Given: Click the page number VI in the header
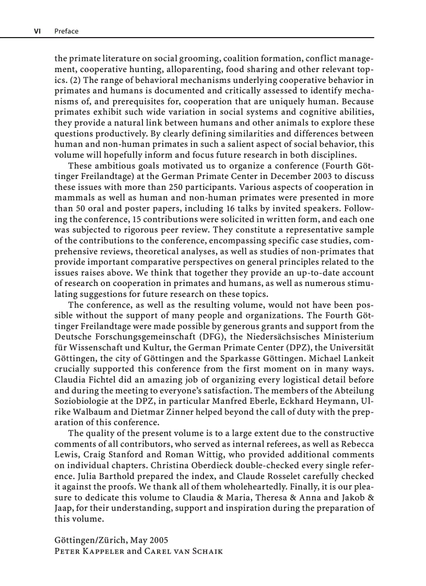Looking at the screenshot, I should coord(37,31).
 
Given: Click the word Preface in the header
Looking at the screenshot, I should coord(66,31).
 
